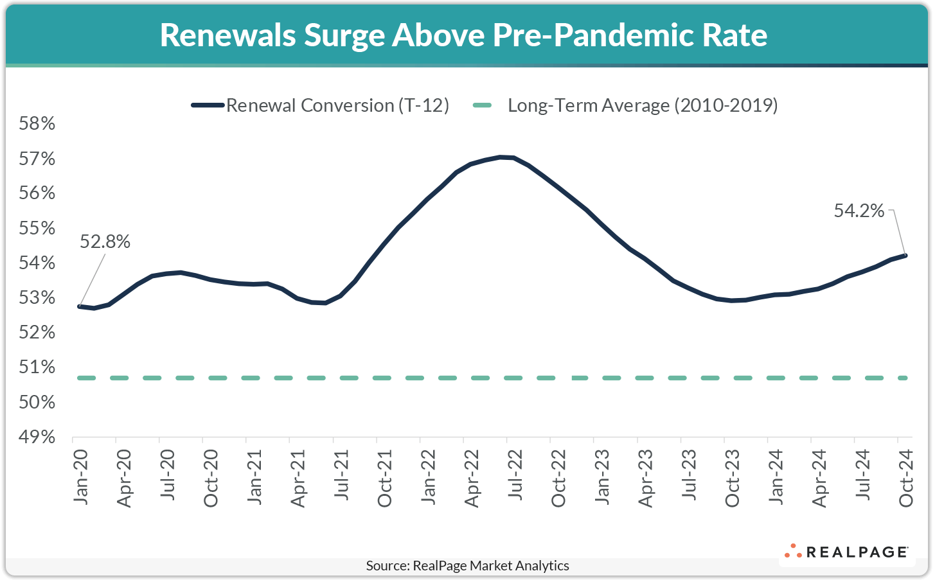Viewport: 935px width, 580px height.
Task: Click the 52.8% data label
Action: [105, 242]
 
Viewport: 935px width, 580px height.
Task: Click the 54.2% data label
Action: [859, 211]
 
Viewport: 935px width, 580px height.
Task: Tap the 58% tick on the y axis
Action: [37, 123]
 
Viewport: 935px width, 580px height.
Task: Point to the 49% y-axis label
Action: [37, 437]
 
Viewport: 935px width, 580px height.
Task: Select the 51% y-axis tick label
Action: [37, 367]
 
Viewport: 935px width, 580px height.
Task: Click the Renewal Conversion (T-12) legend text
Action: [337, 105]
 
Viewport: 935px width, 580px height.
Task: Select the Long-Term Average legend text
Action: [643, 105]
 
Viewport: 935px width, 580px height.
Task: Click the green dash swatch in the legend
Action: [482, 105]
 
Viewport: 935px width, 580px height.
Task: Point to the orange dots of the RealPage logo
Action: [792, 551]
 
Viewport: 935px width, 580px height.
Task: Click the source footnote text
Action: [467, 566]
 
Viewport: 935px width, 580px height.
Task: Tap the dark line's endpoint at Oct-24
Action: [905, 256]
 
